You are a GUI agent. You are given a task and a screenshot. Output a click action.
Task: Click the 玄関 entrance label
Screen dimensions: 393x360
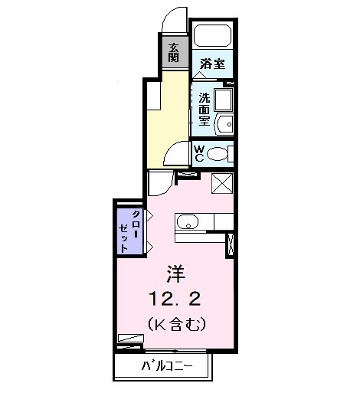coord(174,52)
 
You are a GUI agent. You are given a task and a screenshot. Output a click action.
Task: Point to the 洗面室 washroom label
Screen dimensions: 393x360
coord(205,109)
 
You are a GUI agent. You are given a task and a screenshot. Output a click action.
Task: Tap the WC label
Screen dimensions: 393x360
coord(198,153)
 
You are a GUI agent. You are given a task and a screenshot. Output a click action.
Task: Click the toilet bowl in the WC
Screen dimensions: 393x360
coord(219,153)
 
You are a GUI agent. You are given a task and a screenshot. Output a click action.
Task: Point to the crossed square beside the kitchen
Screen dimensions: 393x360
coord(221,185)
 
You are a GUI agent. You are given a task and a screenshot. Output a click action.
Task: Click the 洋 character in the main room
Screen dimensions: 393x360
coord(174,272)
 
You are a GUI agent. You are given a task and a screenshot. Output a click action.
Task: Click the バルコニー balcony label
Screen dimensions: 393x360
coord(166,366)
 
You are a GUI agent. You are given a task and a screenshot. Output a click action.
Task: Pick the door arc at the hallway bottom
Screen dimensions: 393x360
coord(178,154)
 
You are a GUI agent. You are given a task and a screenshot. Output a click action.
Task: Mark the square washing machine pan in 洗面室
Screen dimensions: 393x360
coord(224,100)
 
